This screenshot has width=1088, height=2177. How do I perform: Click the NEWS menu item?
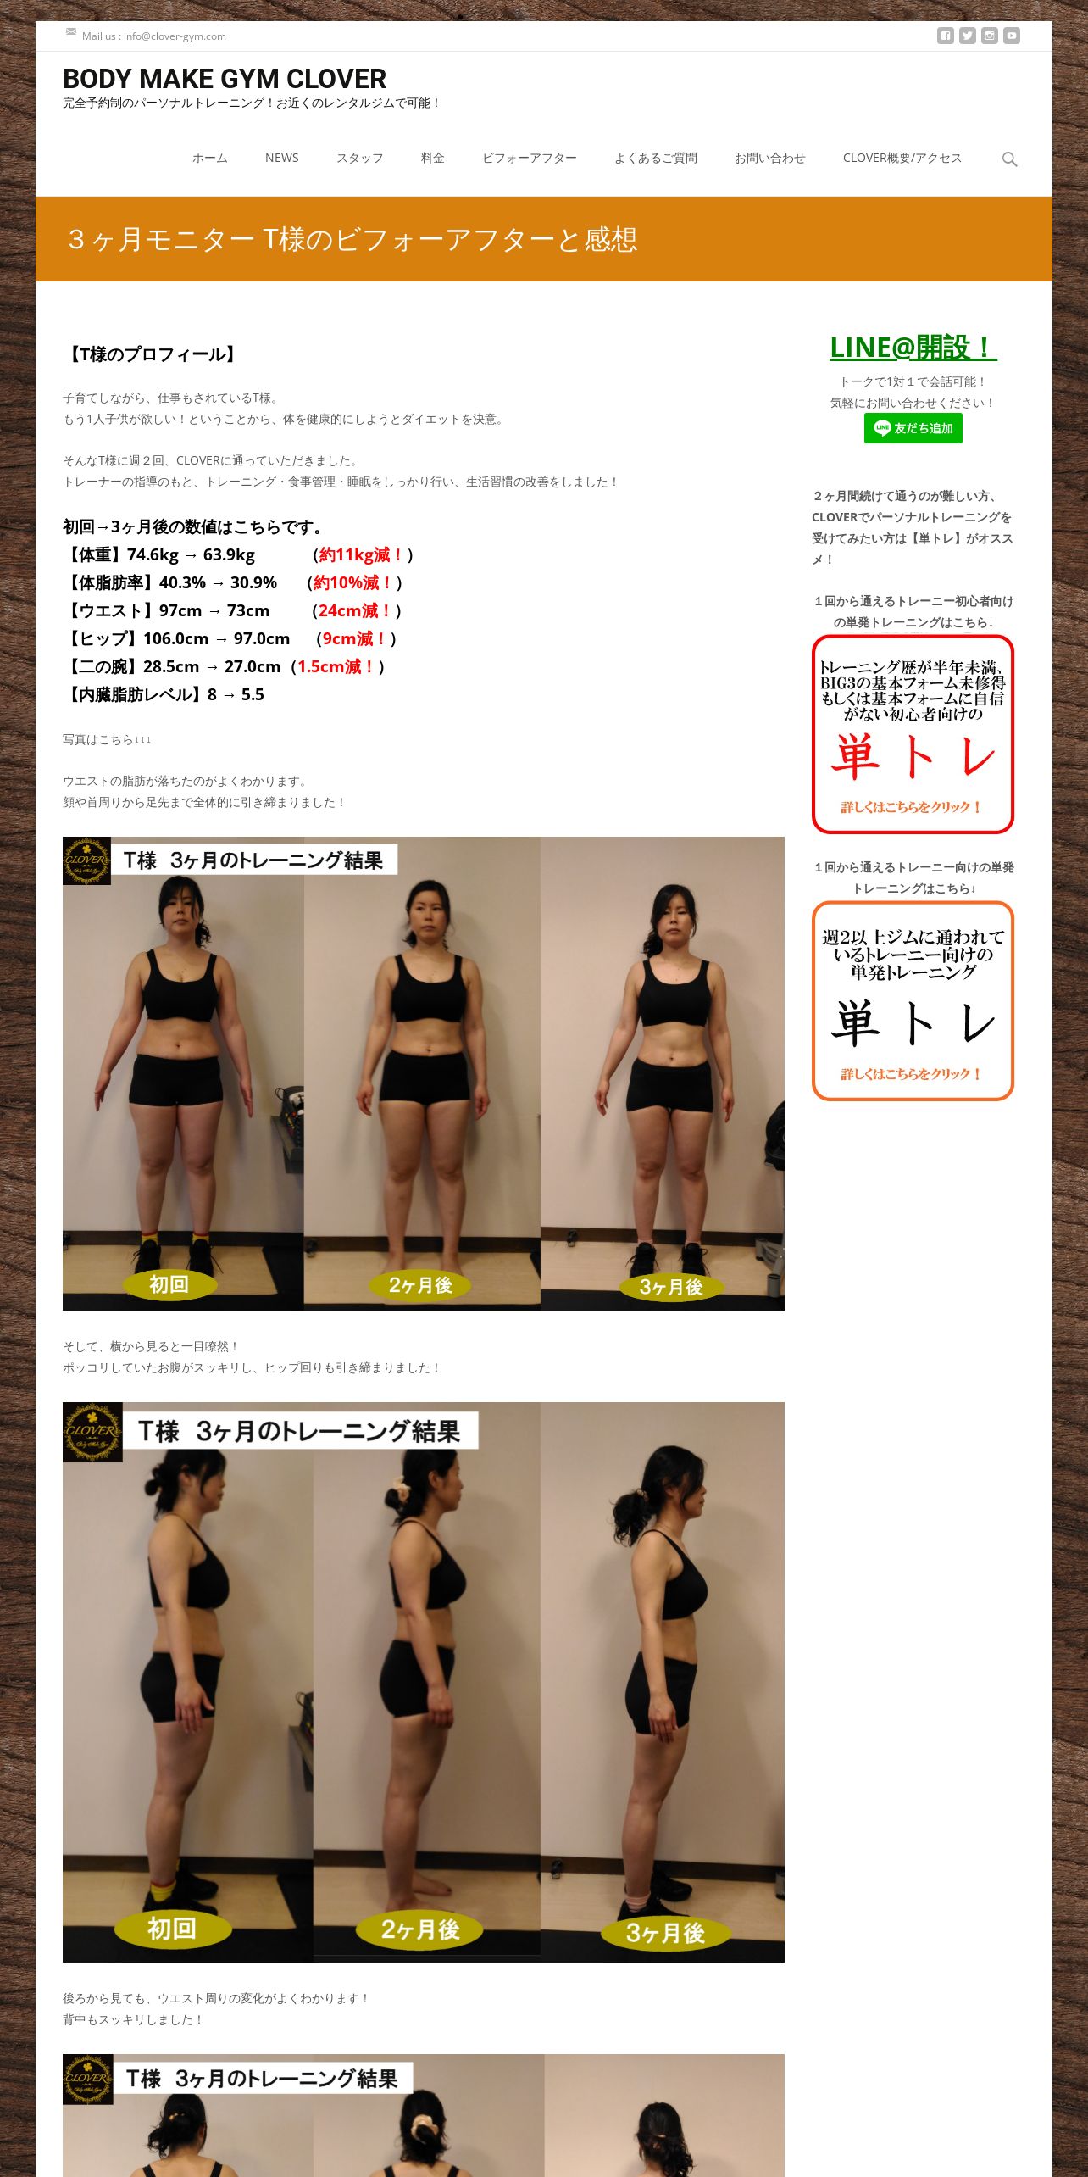(x=281, y=158)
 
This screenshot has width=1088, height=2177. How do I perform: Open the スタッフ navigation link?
(x=359, y=158)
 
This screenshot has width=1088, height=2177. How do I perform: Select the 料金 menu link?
(x=432, y=158)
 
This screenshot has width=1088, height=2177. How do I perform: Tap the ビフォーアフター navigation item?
(x=529, y=158)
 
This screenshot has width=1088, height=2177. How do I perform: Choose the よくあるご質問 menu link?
(x=655, y=158)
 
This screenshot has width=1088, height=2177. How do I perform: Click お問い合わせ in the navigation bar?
(x=769, y=158)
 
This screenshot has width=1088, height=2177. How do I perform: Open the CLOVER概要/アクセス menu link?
(x=902, y=158)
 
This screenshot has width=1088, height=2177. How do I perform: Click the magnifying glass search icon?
(x=1009, y=159)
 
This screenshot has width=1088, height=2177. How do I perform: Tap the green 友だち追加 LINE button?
(x=913, y=428)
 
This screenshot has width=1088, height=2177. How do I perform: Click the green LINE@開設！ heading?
(x=913, y=348)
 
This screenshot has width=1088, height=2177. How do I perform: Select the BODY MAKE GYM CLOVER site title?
(x=225, y=79)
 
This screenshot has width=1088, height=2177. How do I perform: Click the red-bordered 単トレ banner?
(x=913, y=734)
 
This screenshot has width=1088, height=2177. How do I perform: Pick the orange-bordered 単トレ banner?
(x=913, y=1001)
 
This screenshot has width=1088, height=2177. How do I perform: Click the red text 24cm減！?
(x=355, y=611)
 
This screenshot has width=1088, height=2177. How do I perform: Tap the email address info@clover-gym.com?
(x=175, y=36)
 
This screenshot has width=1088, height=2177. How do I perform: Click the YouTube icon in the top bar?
(x=1012, y=36)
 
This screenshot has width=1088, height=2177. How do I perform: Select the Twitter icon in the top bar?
(x=968, y=36)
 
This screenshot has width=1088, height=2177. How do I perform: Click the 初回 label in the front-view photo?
(x=169, y=1284)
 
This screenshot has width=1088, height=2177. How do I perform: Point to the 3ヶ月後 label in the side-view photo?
(x=665, y=1934)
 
